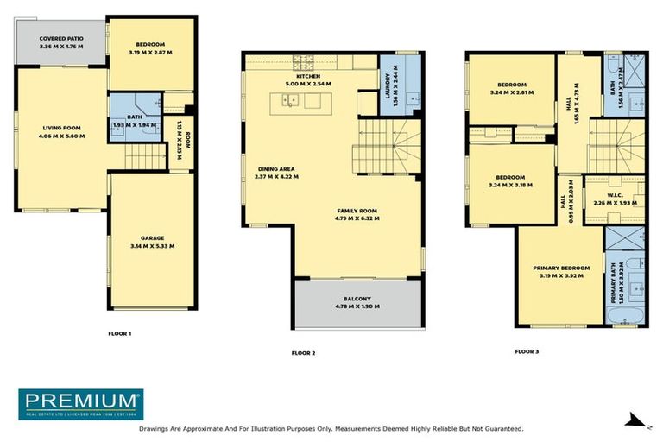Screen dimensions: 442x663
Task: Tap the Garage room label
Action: click(152, 237)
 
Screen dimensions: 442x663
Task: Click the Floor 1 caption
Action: click(119, 333)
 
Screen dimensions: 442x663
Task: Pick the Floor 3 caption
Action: click(527, 351)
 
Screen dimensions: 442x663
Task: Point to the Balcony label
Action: click(357, 299)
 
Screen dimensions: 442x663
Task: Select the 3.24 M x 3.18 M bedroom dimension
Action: click(510, 184)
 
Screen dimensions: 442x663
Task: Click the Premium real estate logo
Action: click(81, 403)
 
